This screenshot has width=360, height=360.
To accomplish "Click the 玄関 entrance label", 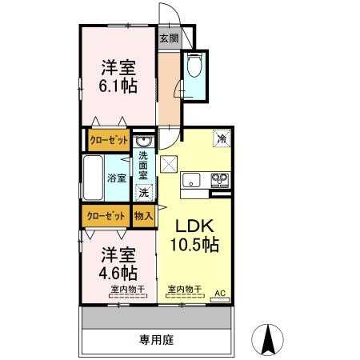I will pyautogui.click(x=168, y=37).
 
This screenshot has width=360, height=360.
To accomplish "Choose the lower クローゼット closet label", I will pyautogui.click(x=105, y=216).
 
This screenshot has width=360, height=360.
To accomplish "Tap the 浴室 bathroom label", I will pyautogui.click(x=116, y=178).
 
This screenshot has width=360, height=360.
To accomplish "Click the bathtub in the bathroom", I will pyautogui.click(x=93, y=178).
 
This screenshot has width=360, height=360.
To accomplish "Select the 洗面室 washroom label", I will pyautogui.click(x=144, y=164).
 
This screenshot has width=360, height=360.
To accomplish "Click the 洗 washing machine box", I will pyautogui.click(x=144, y=192).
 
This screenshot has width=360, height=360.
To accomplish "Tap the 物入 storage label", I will pyautogui.click(x=144, y=216).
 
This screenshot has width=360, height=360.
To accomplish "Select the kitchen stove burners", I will pyautogui.click(x=219, y=180).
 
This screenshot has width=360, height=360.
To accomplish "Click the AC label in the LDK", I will pyautogui.click(x=220, y=292).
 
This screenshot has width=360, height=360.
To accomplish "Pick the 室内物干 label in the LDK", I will pyautogui.click(x=184, y=288).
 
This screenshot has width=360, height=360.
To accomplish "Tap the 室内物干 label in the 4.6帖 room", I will pyautogui.click(x=128, y=288).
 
